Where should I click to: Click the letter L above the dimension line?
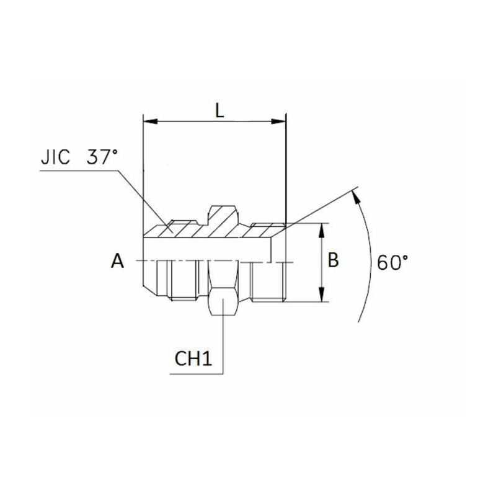(219, 110)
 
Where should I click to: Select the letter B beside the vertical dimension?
(333, 261)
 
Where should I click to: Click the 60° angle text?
(392, 262)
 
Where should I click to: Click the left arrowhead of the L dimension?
(148, 122)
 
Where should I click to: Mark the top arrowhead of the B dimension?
(321, 228)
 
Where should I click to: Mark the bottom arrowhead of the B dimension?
(321, 298)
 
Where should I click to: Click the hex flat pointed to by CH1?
(223, 301)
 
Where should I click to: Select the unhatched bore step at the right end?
(278, 250)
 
